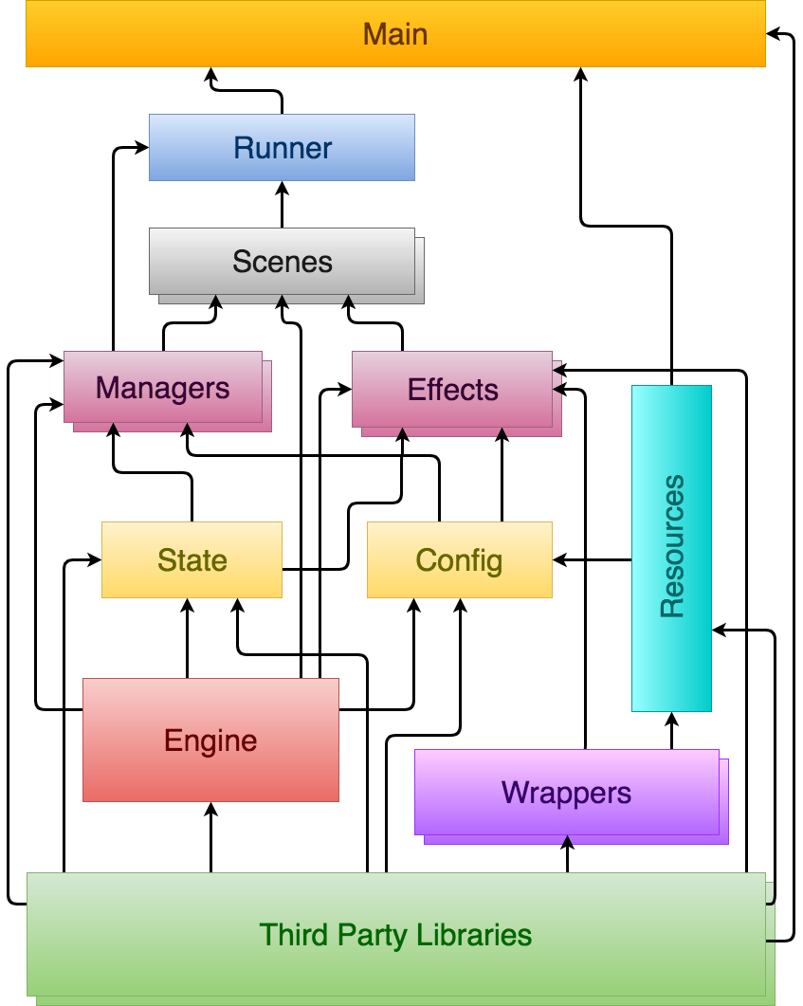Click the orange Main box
tap(395, 34)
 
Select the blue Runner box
tap(282, 148)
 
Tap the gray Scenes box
tap(282, 261)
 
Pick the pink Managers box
tap(163, 387)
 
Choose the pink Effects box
tap(452, 390)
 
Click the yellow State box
tap(192, 559)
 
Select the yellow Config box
tap(459, 559)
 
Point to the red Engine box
tap(210, 740)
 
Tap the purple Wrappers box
tap(566, 792)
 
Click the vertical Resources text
tap(672, 547)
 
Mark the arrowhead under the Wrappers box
tap(568, 840)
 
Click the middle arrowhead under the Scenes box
tap(282, 300)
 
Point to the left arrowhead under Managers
tap(114, 428)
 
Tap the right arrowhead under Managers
tap(187, 428)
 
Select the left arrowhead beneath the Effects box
tap(403, 432)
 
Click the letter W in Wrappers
tap(513, 792)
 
